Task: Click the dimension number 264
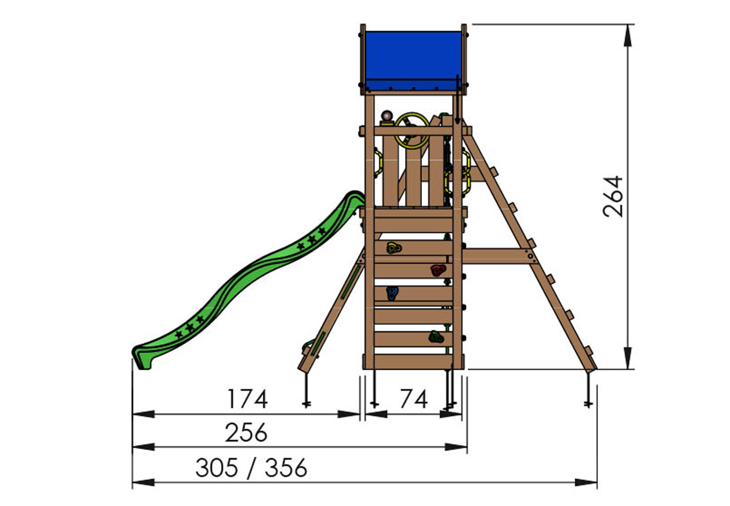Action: tap(613, 197)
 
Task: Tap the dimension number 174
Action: tap(248, 399)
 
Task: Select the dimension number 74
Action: tap(414, 399)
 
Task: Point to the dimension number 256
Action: tap(246, 432)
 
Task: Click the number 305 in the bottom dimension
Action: tap(217, 468)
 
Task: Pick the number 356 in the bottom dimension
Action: tap(286, 468)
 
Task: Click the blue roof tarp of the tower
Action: tap(413, 61)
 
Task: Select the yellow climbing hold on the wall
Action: tap(394, 248)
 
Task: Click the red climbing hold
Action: tap(438, 270)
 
